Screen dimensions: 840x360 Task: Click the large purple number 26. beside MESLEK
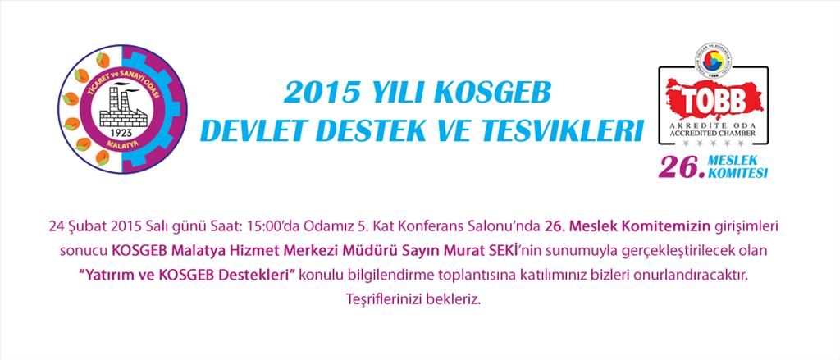(682, 167)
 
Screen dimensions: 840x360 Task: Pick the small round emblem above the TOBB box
(714, 62)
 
